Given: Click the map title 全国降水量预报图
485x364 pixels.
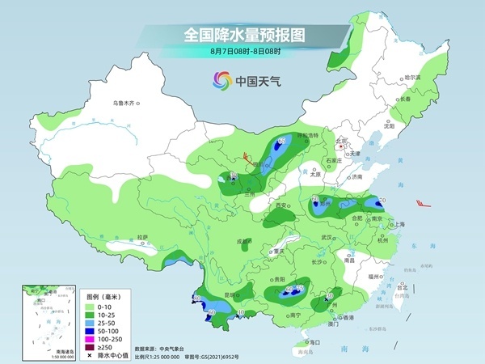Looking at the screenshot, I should coord(242,35).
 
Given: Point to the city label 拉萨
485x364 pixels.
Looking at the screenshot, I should coord(142,237).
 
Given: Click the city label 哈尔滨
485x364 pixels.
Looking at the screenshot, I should coord(412,77).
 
